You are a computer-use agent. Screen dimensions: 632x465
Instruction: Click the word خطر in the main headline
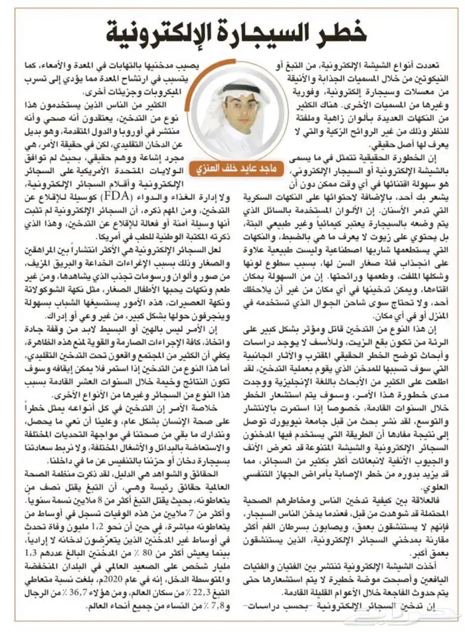pos(338,30)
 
